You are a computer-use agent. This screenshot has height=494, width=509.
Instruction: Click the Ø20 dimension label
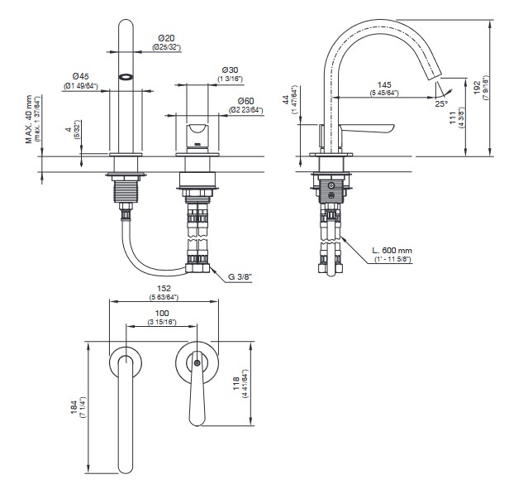tap(166, 38)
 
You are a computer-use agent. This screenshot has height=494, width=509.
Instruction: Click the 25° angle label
tap(443, 105)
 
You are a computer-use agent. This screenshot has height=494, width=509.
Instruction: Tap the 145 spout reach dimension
tap(383, 85)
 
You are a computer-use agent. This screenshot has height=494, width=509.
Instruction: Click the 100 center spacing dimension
tap(161, 313)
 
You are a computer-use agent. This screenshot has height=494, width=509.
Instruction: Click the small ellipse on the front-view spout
tap(126, 75)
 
